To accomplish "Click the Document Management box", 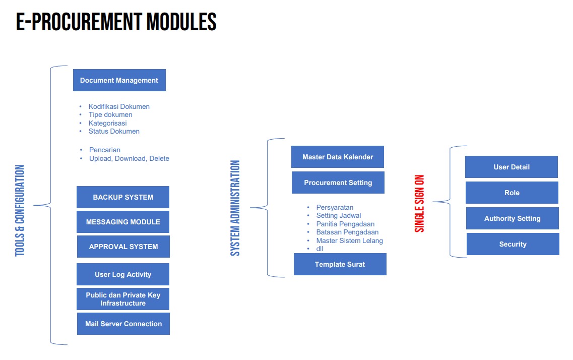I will click(119, 80).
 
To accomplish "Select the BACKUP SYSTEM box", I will click(123, 197).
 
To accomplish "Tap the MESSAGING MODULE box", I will click(123, 222).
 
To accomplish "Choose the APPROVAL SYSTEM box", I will click(123, 247).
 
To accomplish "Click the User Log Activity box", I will click(123, 274).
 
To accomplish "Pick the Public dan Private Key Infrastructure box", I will click(123, 299).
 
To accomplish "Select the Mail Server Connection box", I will click(123, 324).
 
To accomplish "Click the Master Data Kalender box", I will click(338, 157).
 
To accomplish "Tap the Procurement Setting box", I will click(338, 183).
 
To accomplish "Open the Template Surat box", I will click(340, 264).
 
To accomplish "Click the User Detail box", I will click(512, 167).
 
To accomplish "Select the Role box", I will click(512, 193).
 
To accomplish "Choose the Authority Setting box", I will click(513, 218).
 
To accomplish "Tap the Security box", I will click(513, 244).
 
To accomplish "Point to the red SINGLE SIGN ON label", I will click(419, 204).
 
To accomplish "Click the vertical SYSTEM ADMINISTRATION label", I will click(235, 208).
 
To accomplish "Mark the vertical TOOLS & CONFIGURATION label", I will click(20, 211).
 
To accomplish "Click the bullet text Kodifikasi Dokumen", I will click(119, 106).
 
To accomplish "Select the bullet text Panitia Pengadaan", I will click(345, 224).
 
